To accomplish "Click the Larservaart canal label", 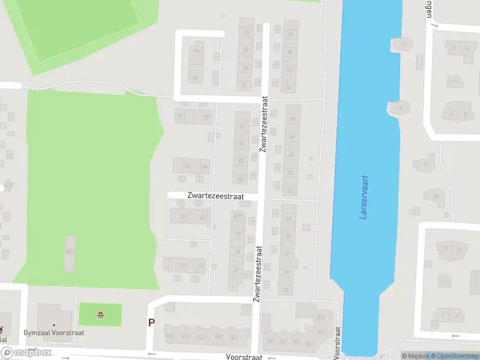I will coord(364,197).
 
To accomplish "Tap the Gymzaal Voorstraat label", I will coord(54,332).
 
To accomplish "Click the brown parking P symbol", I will coord(152,323).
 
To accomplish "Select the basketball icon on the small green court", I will coord(101,314).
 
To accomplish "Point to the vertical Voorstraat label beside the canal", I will coord(338,340).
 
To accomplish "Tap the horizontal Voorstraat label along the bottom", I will coord(245,356).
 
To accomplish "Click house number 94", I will coord(196,51).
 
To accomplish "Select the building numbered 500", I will coord(68,251).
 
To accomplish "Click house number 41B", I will coord(238,217).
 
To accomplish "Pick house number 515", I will coord(169,336).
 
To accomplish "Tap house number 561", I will coord(233,336).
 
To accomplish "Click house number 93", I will coord(179,116).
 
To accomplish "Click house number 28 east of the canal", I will coord(436,197).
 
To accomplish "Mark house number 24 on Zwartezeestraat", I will coord(286,290).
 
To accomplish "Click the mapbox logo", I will coord(26,353).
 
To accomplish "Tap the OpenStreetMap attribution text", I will coord(453,356).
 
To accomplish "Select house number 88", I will coord(196,79).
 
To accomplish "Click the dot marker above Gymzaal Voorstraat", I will coord(53,325).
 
